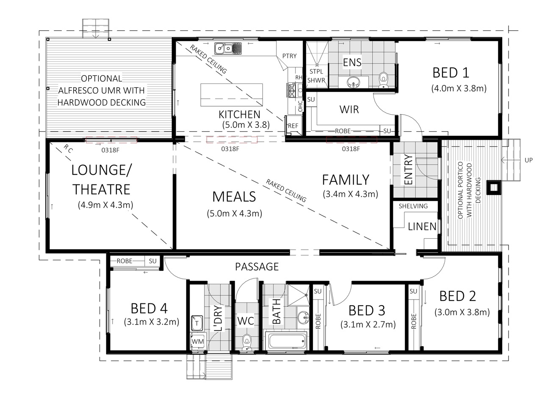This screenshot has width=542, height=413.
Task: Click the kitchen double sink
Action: pyautogui.click(x=228, y=48)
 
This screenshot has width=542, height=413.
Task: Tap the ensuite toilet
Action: pyautogui.click(x=383, y=80)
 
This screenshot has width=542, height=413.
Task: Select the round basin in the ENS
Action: pyautogui.click(x=353, y=82)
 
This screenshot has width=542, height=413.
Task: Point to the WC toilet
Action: pyautogui.click(x=246, y=342)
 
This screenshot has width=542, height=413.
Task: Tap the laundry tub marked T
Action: pyautogui.click(x=197, y=323)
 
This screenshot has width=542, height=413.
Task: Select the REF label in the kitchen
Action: pyautogui.click(x=293, y=126)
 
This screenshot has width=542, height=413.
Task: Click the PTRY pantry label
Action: pyautogui.click(x=289, y=56)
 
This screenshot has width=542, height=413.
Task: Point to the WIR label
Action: pyautogui.click(x=349, y=109)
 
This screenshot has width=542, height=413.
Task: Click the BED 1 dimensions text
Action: pyautogui.click(x=459, y=88)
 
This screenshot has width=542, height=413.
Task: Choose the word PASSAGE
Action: pyautogui.click(x=257, y=267)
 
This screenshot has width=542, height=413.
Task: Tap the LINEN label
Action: pyautogui.click(x=422, y=226)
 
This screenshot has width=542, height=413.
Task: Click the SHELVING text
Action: pyautogui.click(x=413, y=206)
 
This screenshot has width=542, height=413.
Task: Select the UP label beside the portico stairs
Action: pyautogui.click(x=528, y=160)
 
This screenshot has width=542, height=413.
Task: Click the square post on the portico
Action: pyautogui.click(x=493, y=188)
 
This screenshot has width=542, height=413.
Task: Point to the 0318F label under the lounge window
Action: pyautogui.click(x=111, y=150)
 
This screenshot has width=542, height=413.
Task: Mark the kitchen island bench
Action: pyautogui.click(x=231, y=95)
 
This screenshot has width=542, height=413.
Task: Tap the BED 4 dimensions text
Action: pyautogui.click(x=151, y=322)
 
